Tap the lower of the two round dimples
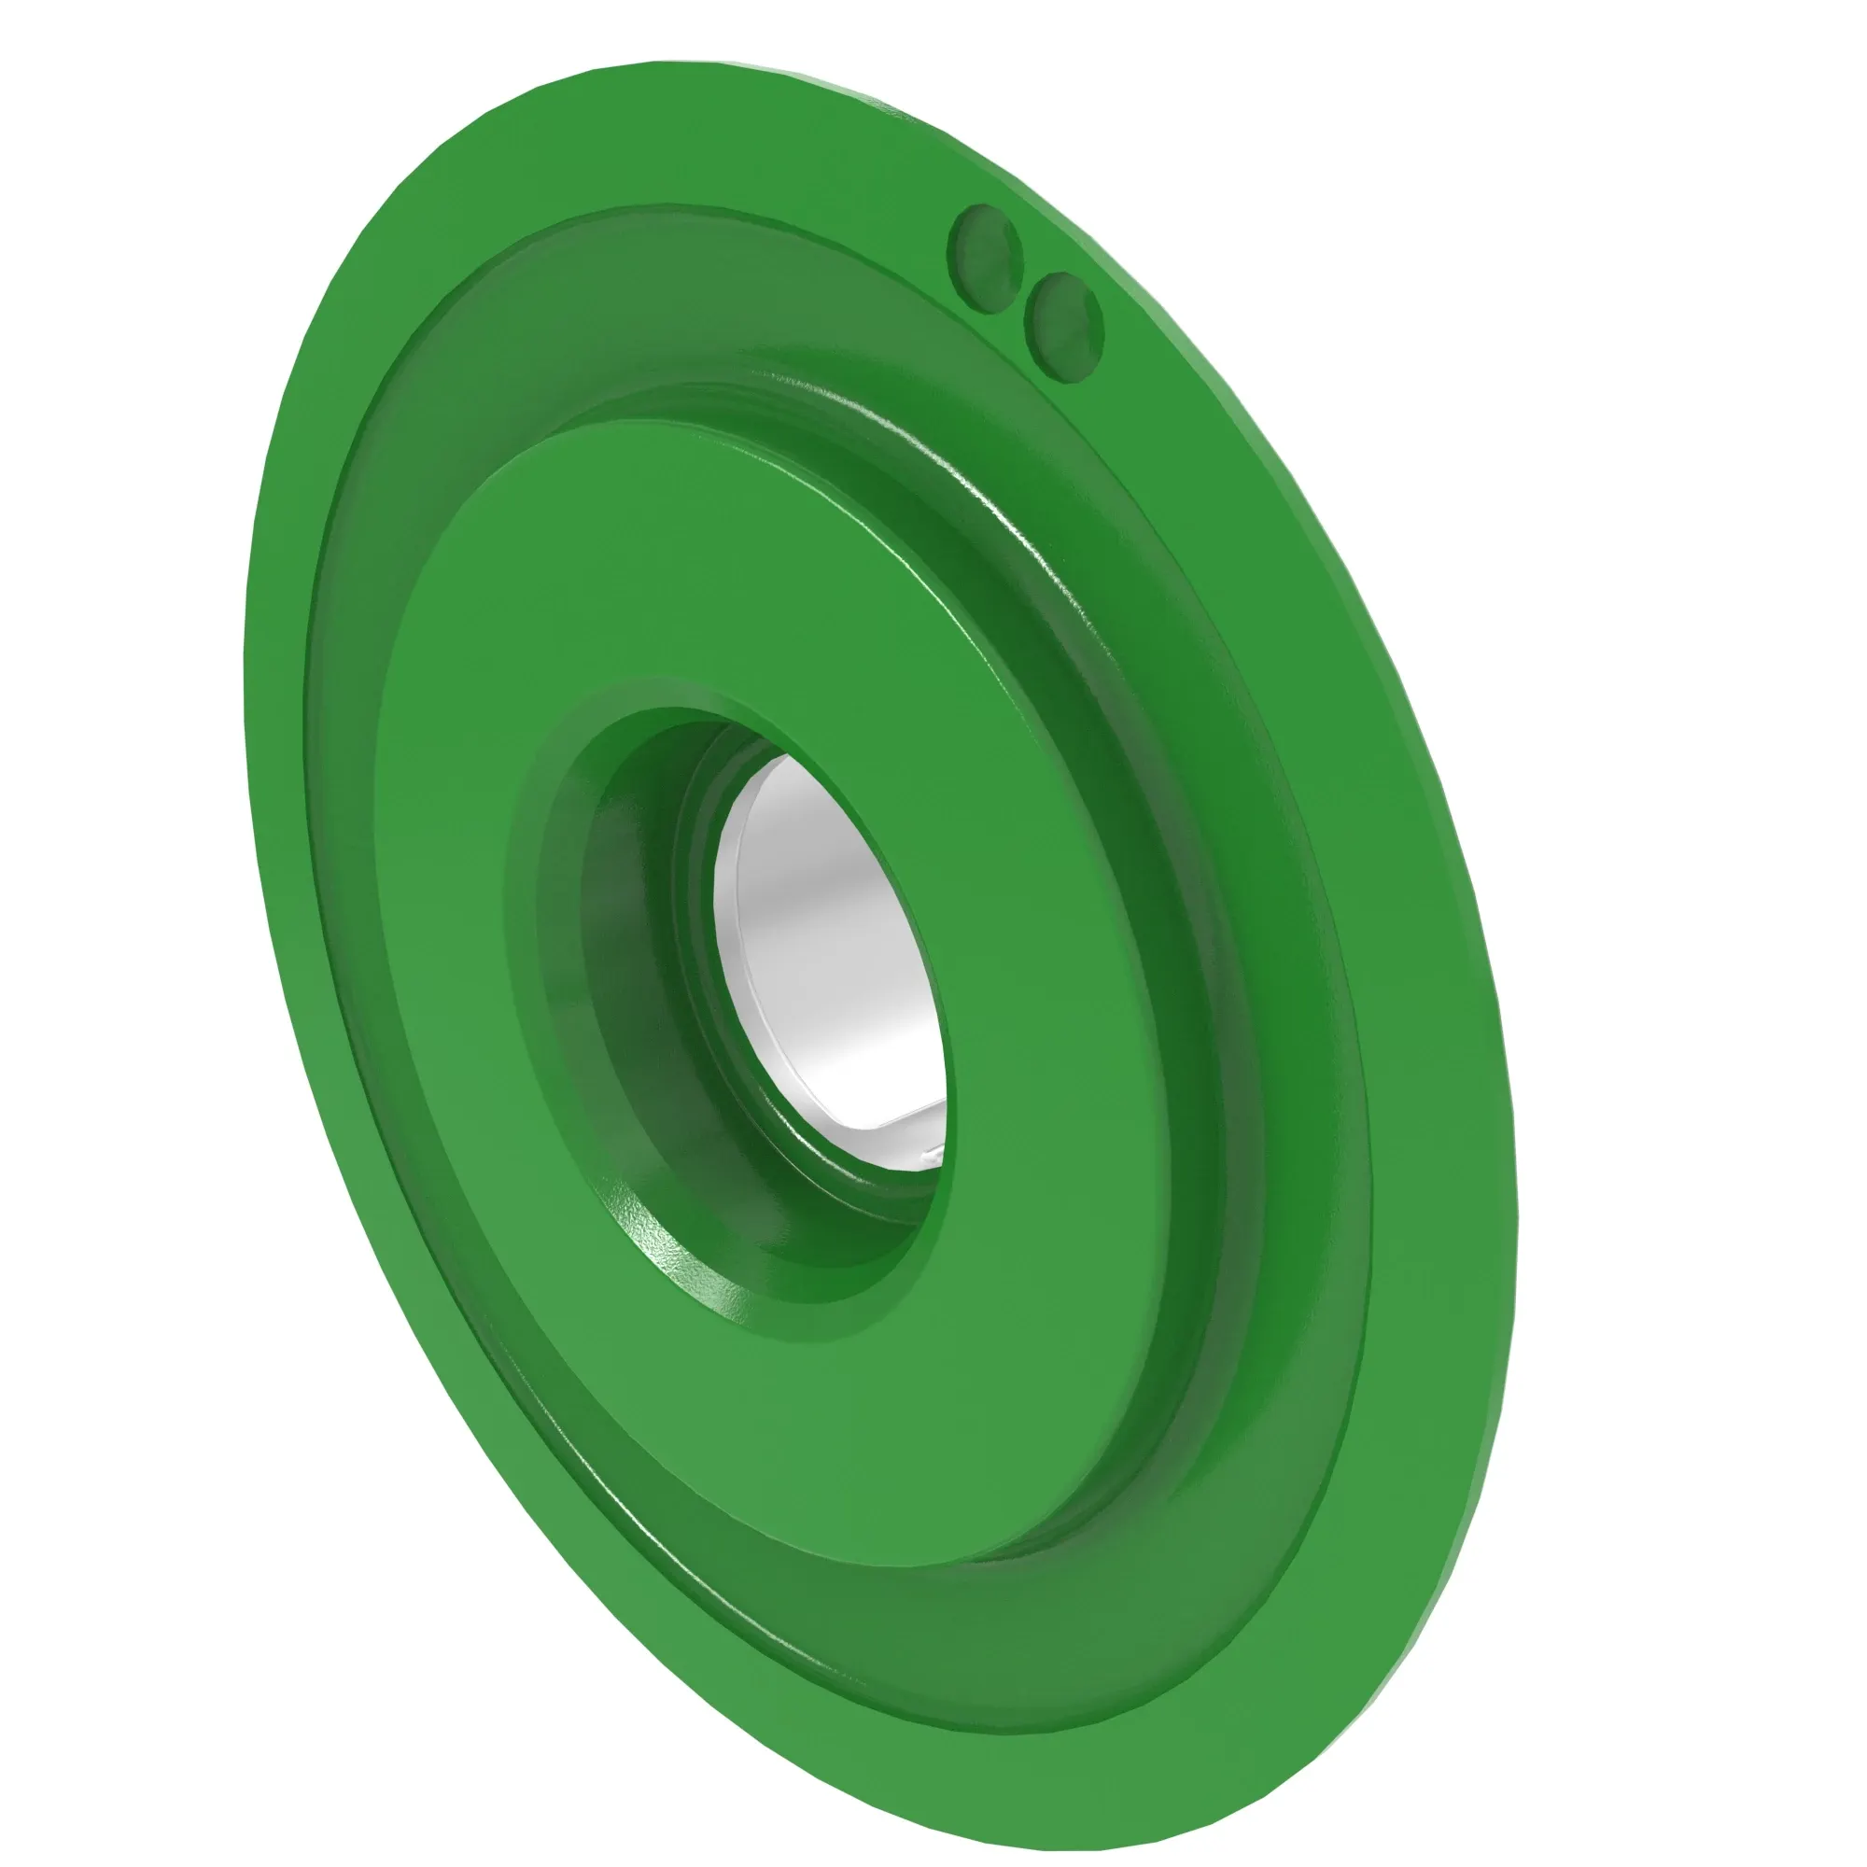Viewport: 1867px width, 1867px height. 1064,325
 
